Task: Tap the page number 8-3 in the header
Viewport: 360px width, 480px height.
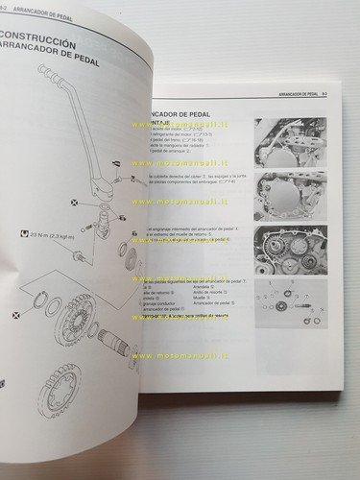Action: [x=324, y=94]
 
